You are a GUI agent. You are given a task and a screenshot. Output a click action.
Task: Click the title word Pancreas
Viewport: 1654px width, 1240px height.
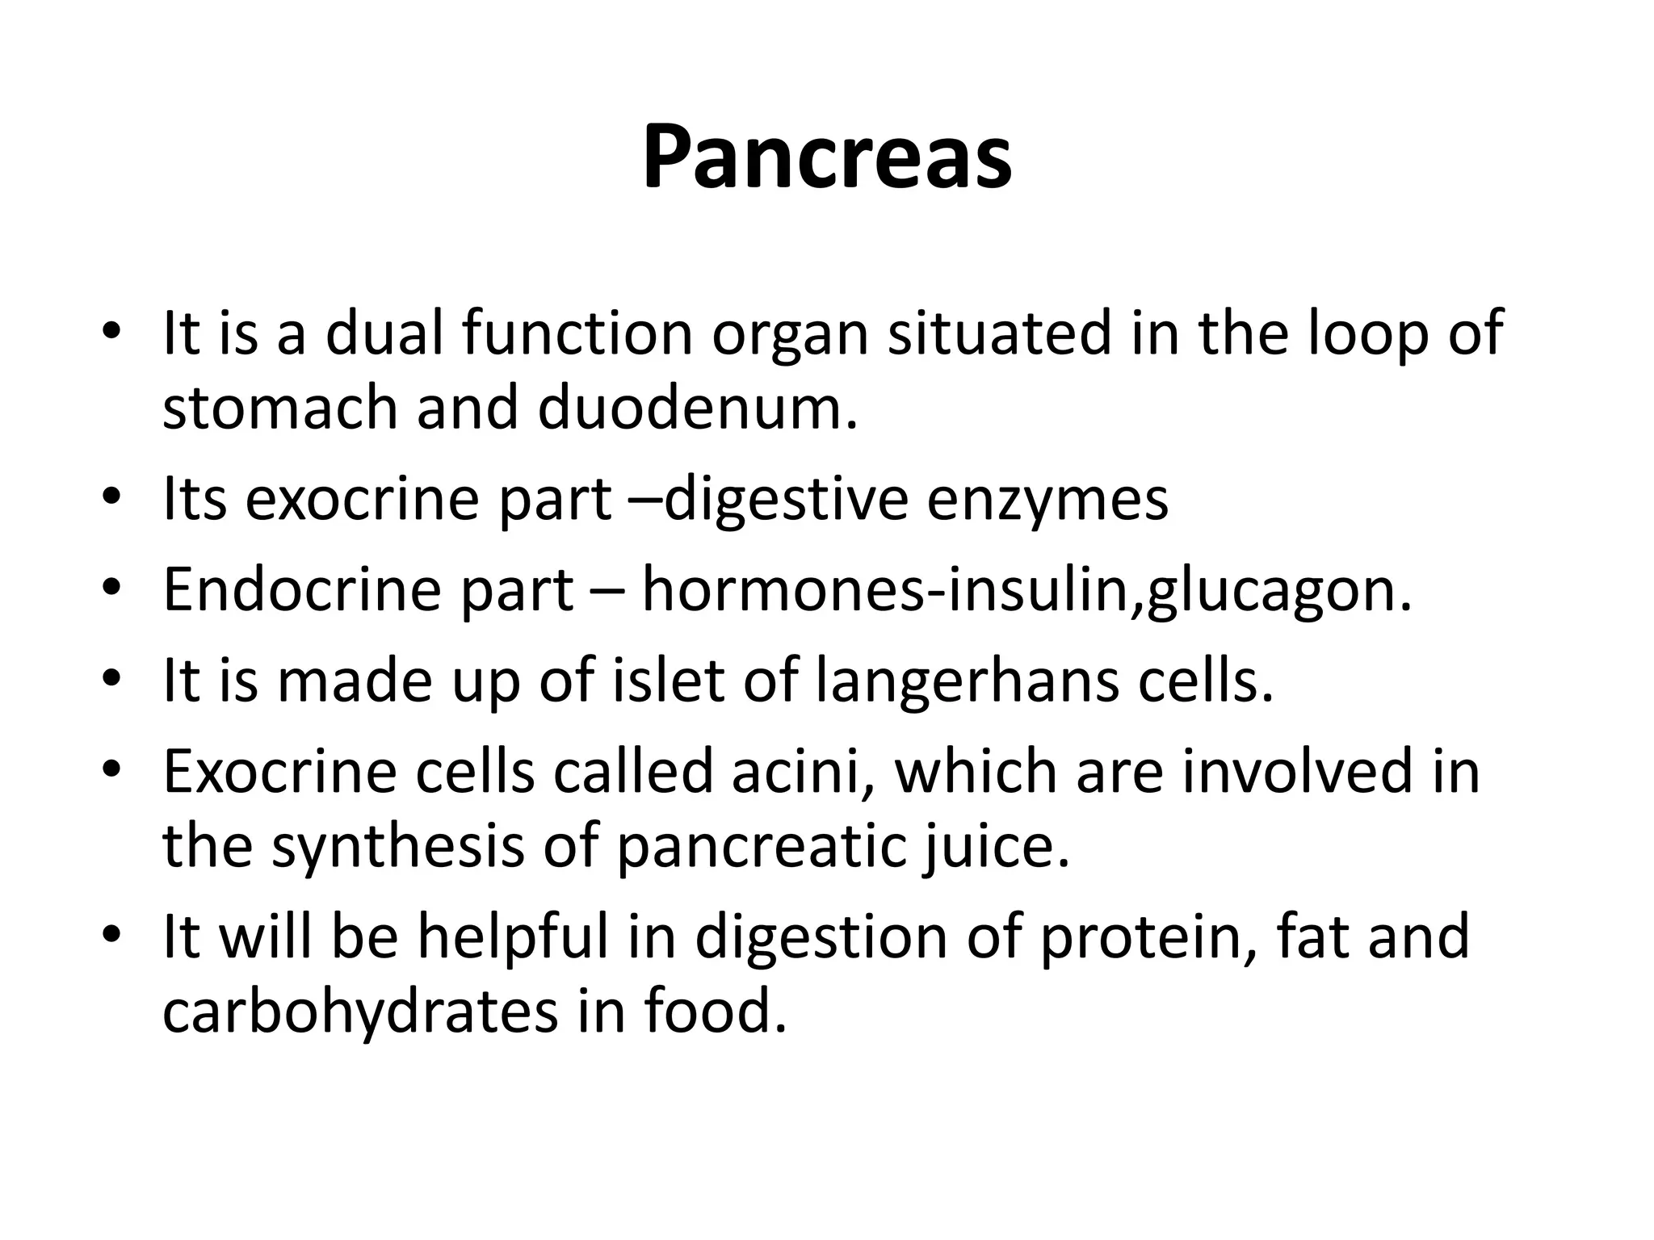826,157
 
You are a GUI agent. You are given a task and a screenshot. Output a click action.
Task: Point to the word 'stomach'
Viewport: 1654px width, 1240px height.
280,408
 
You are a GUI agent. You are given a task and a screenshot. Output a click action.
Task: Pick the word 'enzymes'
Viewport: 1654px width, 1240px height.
1047,500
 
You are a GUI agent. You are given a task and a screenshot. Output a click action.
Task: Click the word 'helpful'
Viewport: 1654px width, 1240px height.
512,937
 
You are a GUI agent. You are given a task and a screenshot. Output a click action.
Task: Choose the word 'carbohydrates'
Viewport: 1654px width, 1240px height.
360,1012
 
